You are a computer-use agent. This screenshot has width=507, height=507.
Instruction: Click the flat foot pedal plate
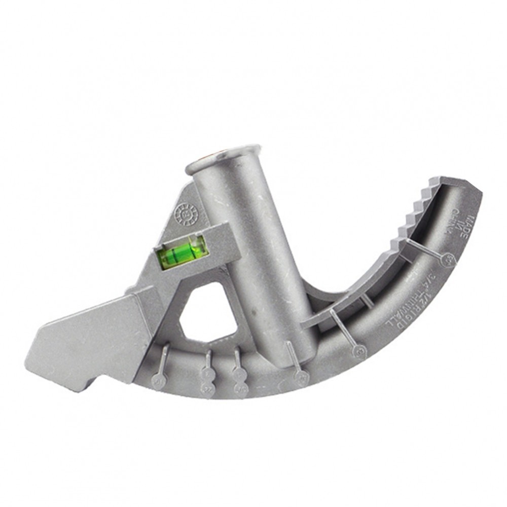[x=86, y=337]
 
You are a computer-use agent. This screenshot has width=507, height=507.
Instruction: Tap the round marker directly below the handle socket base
[x=302, y=378]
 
